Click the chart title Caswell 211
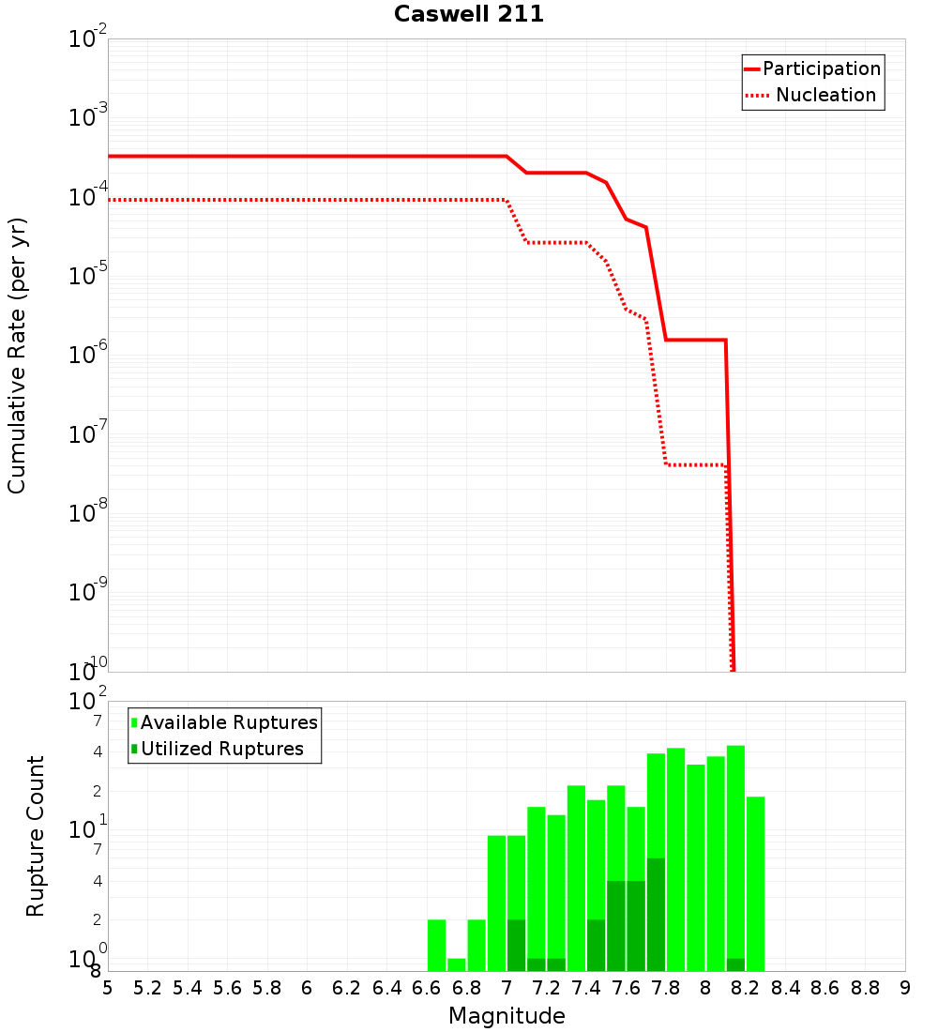coord(469,14)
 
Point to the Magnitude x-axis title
coord(507,1016)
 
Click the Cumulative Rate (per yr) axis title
coord(17,355)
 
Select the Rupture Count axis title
coord(36,835)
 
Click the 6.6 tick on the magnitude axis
coord(427,988)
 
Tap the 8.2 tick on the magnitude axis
coord(746,988)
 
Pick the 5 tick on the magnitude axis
coord(108,988)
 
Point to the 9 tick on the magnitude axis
coord(905,988)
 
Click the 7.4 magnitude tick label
coord(586,988)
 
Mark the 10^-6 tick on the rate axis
coord(90,355)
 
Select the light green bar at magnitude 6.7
coord(457,964)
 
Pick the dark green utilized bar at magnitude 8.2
coord(735,964)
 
